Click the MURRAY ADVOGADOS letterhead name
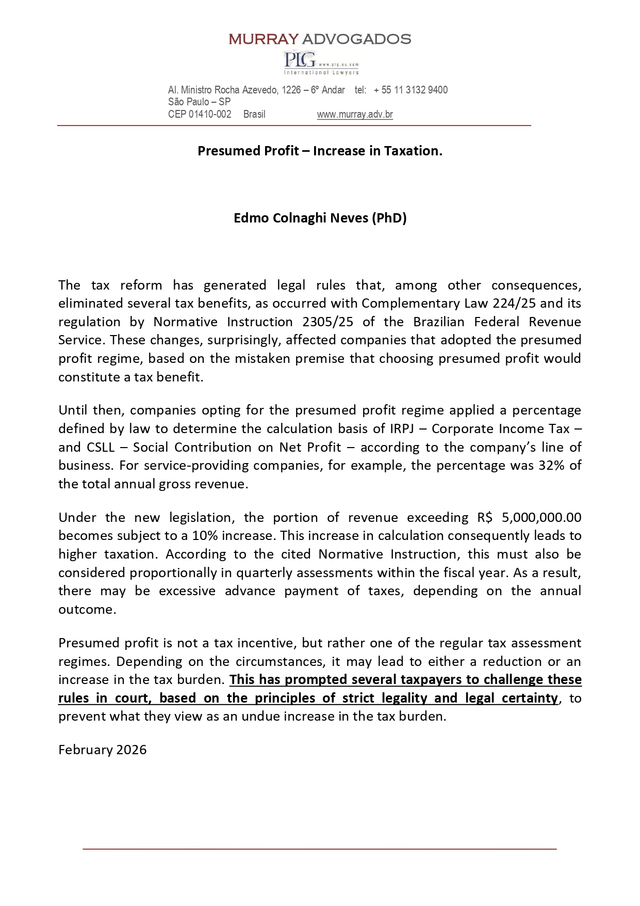pos(320,39)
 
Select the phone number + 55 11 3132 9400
pos(411,90)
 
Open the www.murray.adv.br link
pos(355,115)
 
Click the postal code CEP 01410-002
pos(200,115)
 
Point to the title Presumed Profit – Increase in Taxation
pos(320,151)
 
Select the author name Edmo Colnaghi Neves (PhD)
pos(320,218)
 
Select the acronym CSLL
pos(98,447)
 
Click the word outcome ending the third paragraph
pos(86,610)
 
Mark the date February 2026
pos(102,750)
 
